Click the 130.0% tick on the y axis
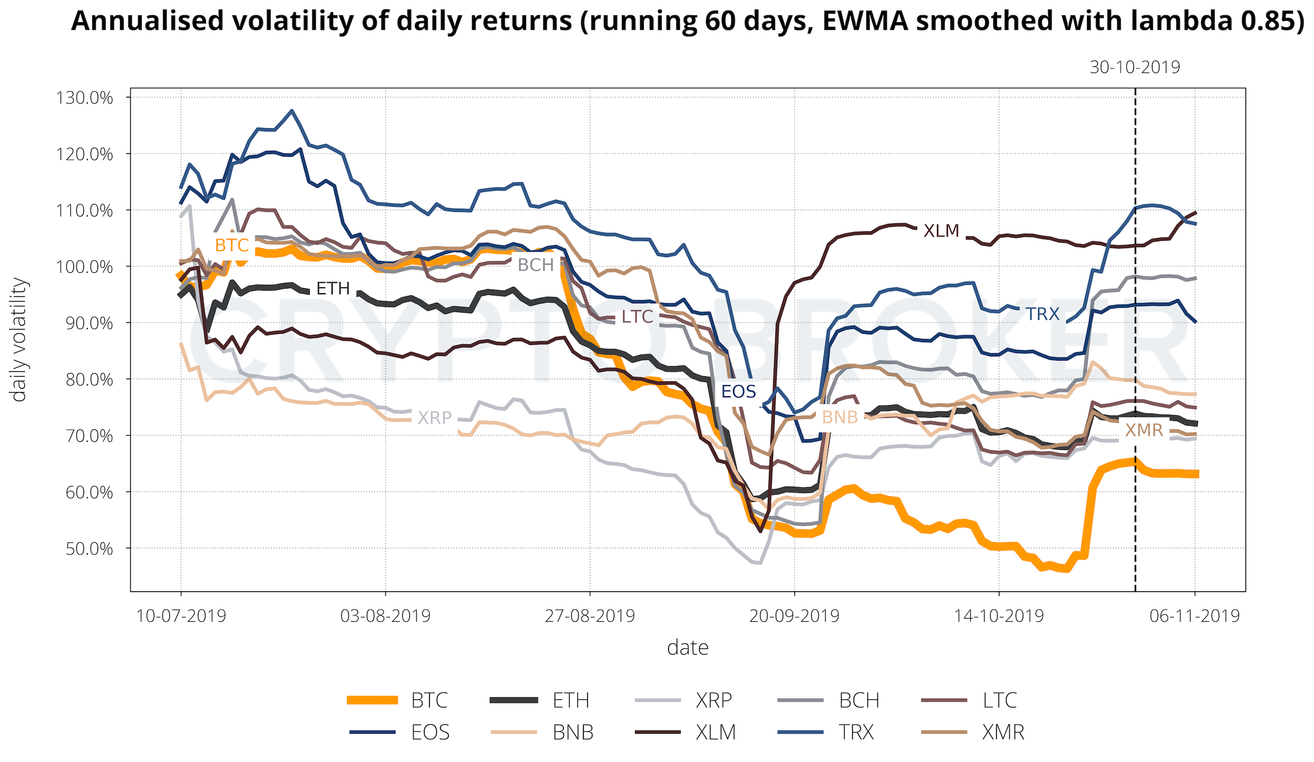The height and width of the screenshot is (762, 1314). click(84, 98)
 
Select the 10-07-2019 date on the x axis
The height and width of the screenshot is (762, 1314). click(181, 615)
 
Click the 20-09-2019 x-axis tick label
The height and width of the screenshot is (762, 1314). click(794, 615)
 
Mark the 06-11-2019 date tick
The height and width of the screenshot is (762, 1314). click(1195, 615)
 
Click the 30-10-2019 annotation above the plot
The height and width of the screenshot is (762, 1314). click(1135, 67)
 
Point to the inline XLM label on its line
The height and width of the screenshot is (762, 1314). click(941, 231)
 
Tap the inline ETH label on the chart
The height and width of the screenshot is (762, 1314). click(333, 289)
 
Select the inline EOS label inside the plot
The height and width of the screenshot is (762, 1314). click(738, 392)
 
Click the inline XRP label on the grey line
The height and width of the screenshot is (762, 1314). click(435, 418)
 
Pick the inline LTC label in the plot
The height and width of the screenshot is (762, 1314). click(638, 317)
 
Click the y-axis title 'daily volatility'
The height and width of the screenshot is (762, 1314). click(19, 339)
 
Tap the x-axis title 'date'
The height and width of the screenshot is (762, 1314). click(687, 648)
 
